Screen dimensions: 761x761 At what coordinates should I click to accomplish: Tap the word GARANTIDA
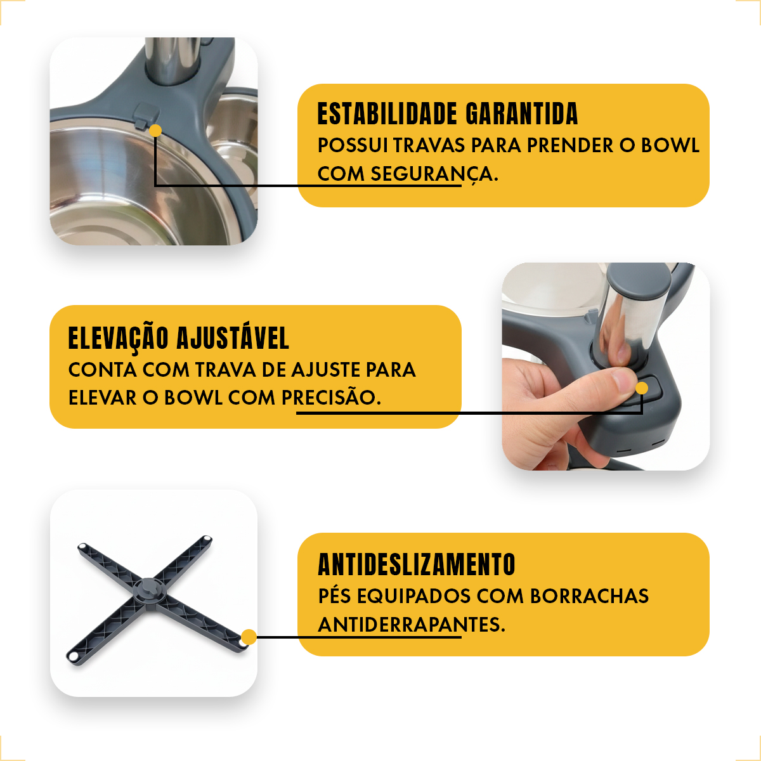522,114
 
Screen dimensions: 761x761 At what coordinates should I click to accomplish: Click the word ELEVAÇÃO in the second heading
119,339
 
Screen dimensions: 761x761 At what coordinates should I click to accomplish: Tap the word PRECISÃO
331,397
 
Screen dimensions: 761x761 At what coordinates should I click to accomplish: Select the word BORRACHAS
589,596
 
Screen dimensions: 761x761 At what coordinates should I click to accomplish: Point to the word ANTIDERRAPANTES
412,625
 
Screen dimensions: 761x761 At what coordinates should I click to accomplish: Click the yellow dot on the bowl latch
155,131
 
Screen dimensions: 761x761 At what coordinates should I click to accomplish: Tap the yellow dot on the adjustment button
642,388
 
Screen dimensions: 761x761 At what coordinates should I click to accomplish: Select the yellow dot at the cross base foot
249,637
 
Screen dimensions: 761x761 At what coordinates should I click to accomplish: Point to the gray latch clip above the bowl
146,115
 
